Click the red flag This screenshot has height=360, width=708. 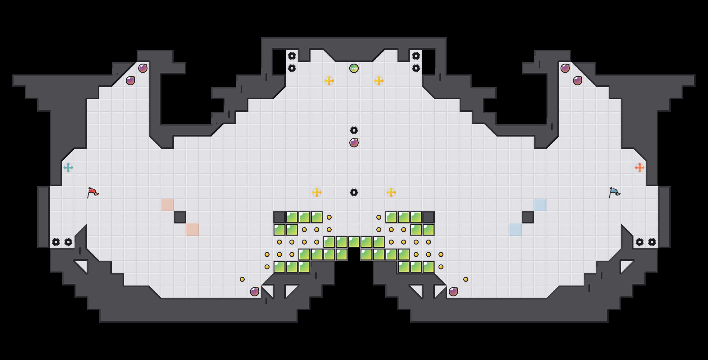point(93,193)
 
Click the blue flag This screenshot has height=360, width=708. point(614,193)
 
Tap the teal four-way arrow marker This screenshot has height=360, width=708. point(68,168)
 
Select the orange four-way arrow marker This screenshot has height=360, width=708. point(640,168)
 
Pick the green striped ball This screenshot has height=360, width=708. point(354,68)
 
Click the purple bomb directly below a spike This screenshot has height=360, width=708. point(354,143)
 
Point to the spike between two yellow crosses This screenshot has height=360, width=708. point(354,192)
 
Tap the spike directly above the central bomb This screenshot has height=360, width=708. point(354,130)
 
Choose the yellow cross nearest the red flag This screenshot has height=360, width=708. point(317,192)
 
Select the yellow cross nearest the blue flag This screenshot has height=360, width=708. point(391,192)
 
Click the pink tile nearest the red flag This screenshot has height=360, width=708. point(168,205)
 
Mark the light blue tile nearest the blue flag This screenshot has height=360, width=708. point(540,205)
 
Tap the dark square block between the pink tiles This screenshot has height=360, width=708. point(180,217)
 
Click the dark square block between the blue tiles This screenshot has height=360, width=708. point(528,217)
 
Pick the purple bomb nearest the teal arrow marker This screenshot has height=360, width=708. point(130,81)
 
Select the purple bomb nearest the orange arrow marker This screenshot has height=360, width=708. point(578,81)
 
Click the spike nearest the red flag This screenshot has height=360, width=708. point(68,242)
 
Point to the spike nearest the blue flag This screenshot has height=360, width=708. point(640,242)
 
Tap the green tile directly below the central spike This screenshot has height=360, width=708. point(354,242)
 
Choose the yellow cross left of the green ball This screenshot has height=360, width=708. point(329,81)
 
